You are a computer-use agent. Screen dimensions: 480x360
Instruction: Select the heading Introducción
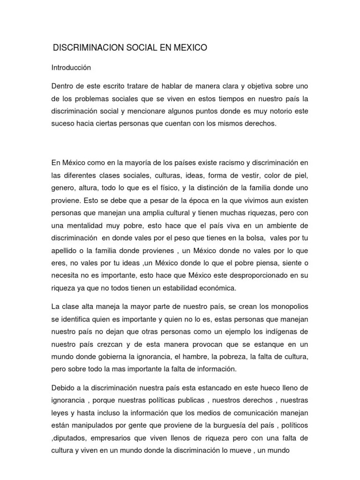coord(71,67)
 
